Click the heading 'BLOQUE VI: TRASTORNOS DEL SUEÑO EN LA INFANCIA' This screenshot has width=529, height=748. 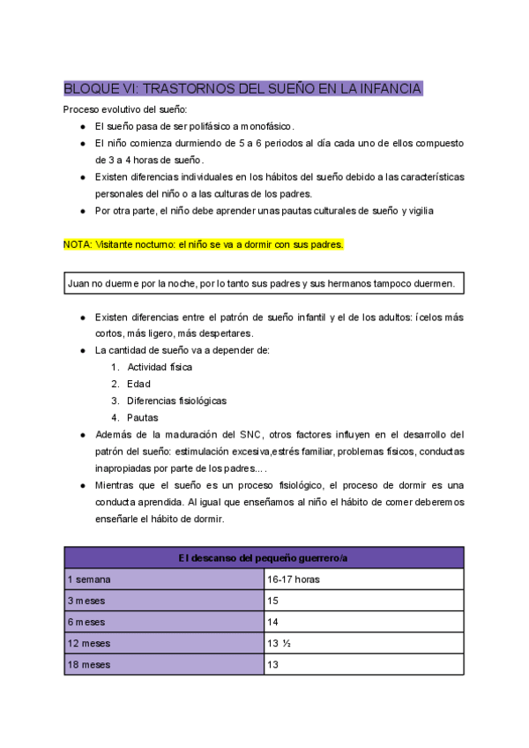[x=242, y=88]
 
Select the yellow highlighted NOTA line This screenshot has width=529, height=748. [x=203, y=244]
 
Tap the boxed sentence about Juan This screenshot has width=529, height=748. [x=262, y=283]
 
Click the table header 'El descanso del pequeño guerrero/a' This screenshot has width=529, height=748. [x=264, y=557]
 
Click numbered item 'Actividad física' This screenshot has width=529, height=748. [x=160, y=367]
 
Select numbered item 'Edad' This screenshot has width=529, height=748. [x=138, y=384]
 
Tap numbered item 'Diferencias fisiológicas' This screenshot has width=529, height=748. [x=176, y=400]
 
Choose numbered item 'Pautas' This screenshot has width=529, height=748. [x=143, y=417]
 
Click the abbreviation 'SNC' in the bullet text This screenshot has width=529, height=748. [x=250, y=435]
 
